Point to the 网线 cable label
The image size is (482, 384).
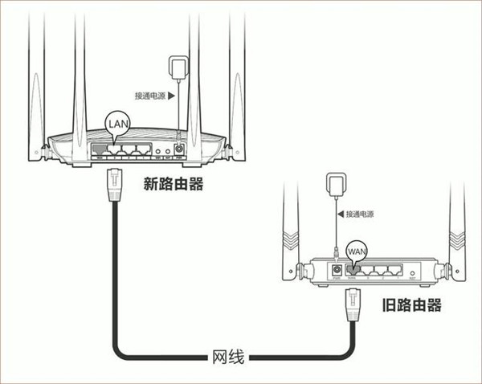point(228,354)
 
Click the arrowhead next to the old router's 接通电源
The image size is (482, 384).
point(340,214)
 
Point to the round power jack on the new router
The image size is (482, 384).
point(178,149)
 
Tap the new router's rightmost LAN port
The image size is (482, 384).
point(144,149)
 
